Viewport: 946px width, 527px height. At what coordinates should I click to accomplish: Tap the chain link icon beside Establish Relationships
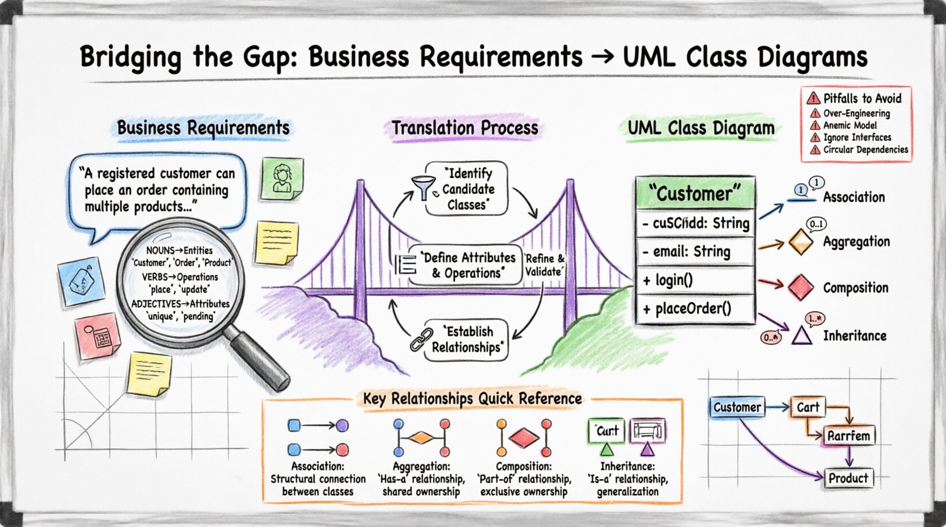click(x=421, y=339)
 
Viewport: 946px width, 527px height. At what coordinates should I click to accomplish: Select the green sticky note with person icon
click(x=282, y=178)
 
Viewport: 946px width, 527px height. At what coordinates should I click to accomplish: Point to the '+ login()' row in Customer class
click(x=695, y=281)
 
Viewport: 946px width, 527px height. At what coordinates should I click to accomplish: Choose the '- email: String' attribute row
click(x=695, y=252)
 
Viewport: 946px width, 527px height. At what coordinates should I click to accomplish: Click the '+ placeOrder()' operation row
click(x=695, y=309)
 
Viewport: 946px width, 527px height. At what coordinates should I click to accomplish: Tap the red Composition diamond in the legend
click(x=800, y=287)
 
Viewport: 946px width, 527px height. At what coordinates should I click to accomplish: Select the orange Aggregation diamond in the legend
click(x=800, y=241)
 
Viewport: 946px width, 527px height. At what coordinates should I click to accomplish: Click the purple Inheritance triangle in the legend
click(x=802, y=336)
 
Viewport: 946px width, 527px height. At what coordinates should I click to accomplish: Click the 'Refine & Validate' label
click(x=544, y=265)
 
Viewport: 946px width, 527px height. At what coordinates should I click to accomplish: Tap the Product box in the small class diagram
click(x=848, y=478)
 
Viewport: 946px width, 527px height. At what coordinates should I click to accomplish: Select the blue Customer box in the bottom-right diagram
click(x=737, y=407)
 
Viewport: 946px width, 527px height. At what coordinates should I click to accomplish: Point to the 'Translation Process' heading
click(x=464, y=128)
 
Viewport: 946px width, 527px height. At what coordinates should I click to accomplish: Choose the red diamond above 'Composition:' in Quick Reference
click(x=524, y=437)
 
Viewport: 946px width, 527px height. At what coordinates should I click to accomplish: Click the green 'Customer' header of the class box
click(x=695, y=194)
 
